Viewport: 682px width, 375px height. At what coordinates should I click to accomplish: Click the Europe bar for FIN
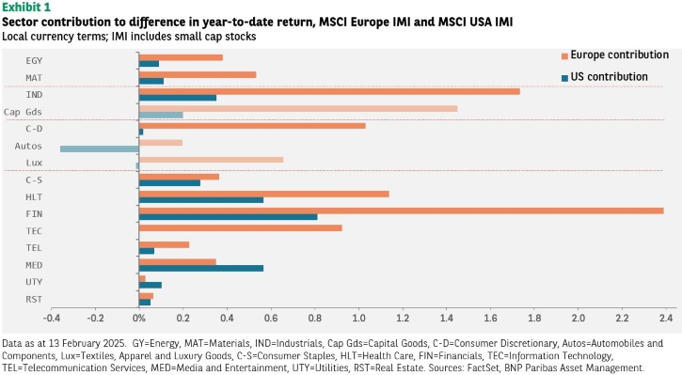(401, 211)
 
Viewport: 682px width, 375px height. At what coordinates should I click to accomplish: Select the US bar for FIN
(228, 217)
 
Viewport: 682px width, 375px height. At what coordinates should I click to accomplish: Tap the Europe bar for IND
(329, 92)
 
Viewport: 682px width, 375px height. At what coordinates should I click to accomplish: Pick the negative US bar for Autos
(100, 149)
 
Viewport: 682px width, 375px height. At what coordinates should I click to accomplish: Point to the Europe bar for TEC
(241, 227)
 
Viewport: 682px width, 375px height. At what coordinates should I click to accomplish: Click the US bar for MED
(201, 268)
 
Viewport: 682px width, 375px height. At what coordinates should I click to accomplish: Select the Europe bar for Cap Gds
(298, 109)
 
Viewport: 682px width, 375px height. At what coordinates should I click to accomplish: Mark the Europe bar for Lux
(211, 160)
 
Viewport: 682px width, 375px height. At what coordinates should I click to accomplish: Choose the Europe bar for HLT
(264, 194)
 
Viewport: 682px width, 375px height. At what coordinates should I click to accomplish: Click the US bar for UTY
(151, 285)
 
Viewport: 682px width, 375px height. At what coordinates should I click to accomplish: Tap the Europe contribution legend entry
(615, 55)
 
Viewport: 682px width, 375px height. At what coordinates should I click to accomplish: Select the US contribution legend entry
(605, 77)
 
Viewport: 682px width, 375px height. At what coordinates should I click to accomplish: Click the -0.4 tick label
(52, 318)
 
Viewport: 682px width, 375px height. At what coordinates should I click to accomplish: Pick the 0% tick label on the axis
(138, 318)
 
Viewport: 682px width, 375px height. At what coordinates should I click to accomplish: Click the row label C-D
(34, 129)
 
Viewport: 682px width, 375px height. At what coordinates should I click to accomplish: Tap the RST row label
(34, 300)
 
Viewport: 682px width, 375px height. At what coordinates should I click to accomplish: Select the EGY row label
(34, 61)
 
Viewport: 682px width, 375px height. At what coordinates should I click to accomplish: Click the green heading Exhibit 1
(26, 7)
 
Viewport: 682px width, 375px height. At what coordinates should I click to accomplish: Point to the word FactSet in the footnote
(484, 368)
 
